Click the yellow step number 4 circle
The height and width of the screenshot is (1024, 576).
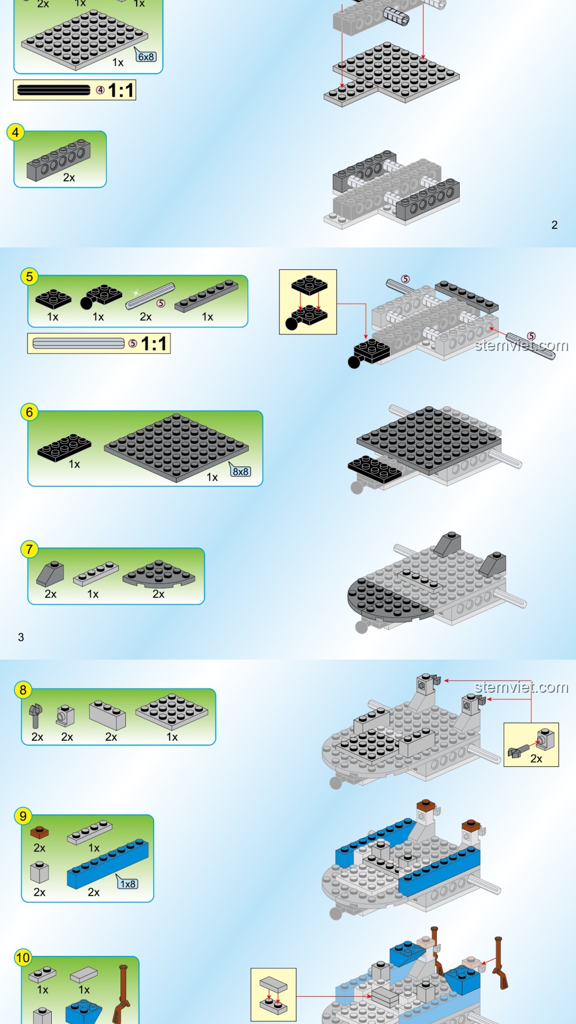(15, 132)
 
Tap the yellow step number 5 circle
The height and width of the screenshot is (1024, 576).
(29, 277)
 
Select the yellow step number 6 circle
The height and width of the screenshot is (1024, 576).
(29, 412)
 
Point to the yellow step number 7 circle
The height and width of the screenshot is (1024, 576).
(29, 549)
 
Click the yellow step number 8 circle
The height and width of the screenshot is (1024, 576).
(23, 690)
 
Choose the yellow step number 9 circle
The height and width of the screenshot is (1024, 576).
(23, 816)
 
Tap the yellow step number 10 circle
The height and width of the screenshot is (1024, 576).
(23, 958)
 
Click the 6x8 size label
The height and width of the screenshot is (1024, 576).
(146, 57)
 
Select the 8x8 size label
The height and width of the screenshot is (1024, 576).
(241, 471)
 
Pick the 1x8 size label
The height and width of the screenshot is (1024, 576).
(128, 884)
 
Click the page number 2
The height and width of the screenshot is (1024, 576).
(555, 225)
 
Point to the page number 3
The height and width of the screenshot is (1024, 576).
(21, 637)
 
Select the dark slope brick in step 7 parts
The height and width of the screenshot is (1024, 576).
(50, 574)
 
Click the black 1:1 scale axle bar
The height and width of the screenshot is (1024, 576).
(54, 90)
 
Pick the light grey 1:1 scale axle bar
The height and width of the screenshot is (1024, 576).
(78, 343)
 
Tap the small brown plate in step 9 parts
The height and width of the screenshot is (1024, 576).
(39, 832)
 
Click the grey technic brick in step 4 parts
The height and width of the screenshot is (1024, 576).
(59, 160)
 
